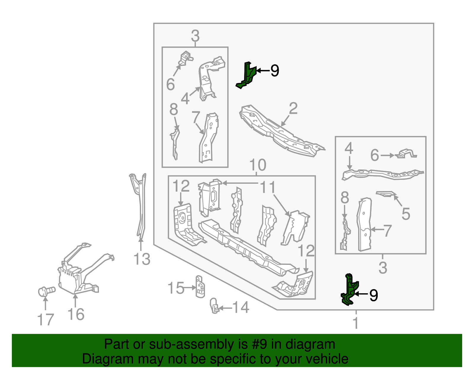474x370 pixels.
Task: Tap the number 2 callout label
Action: click(x=293, y=108)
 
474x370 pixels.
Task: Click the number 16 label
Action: click(x=76, y=314)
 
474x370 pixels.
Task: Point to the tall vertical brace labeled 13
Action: click(x=141, y=204)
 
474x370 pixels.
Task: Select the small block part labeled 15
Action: click(x=201, y=286)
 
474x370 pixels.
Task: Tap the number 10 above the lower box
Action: click(x=257, y=165)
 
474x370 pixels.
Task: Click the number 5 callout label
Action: click(x=406, y=214)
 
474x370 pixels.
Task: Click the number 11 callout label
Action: click(x=268, y=188)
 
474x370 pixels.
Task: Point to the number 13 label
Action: click(x=142, y=259)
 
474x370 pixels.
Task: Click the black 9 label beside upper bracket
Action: click(x=275, y=71)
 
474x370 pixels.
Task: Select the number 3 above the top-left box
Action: click(x=195, y=36)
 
